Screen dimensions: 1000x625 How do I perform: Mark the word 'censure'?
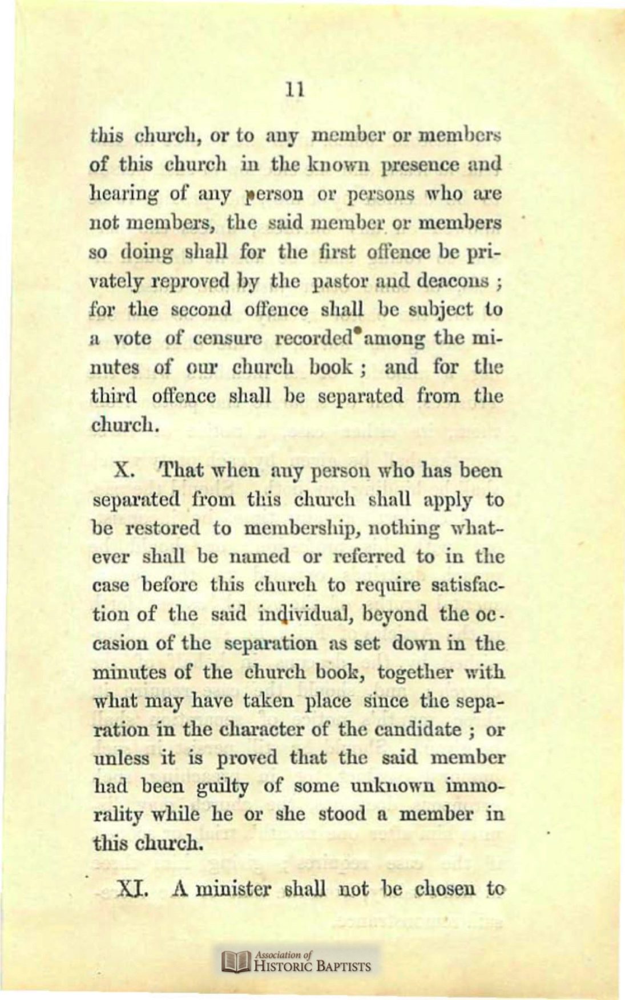[x=226, y=338]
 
